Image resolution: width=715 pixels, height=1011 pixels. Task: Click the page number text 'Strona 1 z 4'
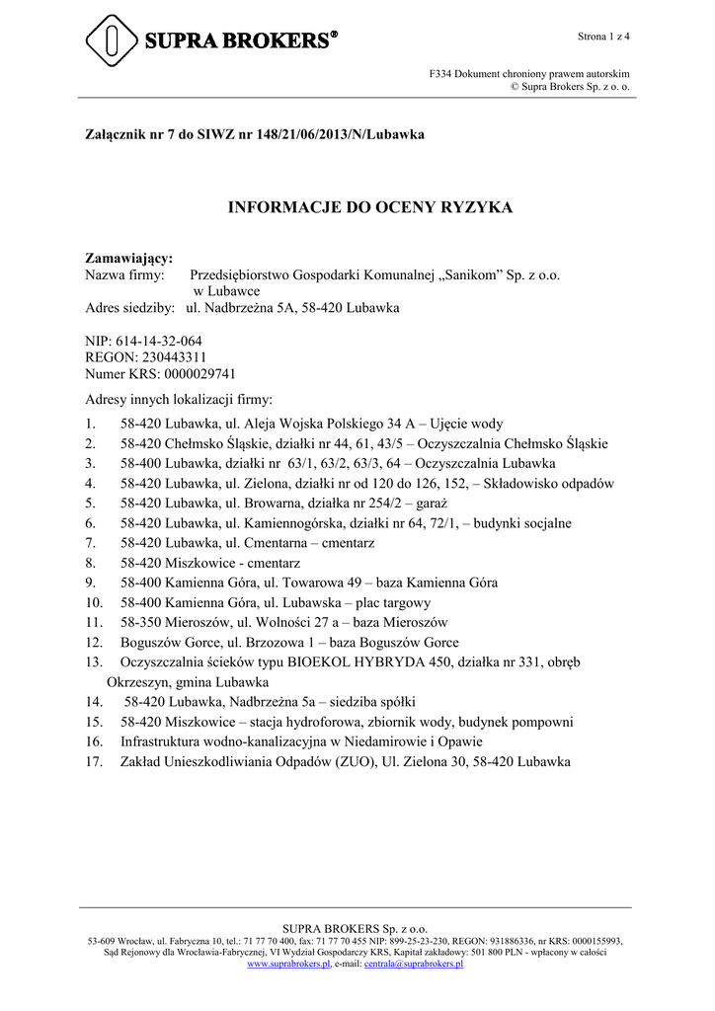coord(603,37)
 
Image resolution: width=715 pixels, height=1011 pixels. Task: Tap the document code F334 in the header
coord(439,74)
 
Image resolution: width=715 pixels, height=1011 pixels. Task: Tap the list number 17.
coord(94,761)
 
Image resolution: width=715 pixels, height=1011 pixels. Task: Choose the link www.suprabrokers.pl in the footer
coord(288,964)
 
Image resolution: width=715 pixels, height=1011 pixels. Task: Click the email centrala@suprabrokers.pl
coord(414,964)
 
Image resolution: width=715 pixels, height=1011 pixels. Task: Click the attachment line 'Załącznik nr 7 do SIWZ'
coord(163,133)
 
